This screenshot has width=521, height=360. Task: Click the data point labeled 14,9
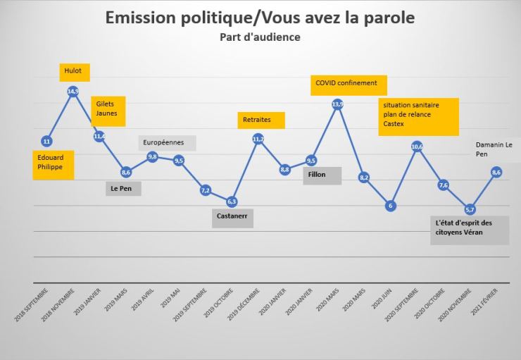pos(73,92)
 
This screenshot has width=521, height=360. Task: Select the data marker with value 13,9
pos(337,104)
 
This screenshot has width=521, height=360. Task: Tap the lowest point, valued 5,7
pos(470,209)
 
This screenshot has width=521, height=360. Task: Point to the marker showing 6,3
pos(232,201)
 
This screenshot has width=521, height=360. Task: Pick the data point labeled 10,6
pos(417,147)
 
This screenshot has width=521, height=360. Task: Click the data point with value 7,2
pos(206,190)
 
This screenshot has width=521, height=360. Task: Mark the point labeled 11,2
pos(258,139)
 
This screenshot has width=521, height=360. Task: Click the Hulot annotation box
pos(74,71)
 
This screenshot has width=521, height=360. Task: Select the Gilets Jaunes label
pos(108,108)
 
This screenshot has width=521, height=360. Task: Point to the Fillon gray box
pos(322,175)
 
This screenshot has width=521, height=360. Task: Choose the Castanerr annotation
pos(232,219)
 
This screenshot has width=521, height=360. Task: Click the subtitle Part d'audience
pos(260,37)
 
